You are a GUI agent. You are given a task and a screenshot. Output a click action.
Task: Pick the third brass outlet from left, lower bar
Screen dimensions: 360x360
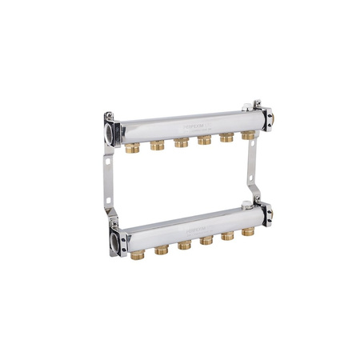coord(184,245)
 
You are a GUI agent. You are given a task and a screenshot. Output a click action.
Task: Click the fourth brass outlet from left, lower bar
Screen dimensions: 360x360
coord(206,240)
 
